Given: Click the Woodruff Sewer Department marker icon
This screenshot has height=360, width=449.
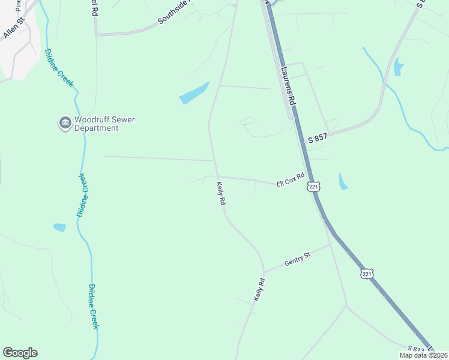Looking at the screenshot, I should coord(65,124).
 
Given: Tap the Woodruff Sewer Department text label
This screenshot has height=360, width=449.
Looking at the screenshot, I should coord(104,124).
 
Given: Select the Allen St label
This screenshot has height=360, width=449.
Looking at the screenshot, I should coord(13,28).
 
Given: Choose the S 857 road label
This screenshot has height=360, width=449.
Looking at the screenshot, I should coord(318,139).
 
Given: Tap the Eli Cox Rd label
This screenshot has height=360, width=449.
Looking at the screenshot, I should coord(291,180).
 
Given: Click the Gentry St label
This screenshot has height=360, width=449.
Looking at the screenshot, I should coord(298,260).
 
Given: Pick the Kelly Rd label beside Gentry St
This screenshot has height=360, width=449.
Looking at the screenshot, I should coord(259,289).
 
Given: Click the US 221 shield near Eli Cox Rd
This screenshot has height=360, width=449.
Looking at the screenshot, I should coord(313,187).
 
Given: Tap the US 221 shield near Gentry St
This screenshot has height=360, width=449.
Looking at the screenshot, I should coord(367,274).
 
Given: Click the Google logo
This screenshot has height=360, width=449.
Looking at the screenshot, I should coord(20,353).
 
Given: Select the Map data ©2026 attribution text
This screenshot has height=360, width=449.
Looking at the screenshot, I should coord(423,355).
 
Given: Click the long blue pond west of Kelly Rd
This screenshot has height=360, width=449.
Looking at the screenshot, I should coord(194,93).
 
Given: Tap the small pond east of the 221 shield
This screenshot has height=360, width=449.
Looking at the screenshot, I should coord(343,181).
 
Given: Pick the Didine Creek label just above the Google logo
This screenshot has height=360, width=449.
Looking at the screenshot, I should coord(94,306).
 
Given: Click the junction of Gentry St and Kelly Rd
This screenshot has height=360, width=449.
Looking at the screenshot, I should coord(264,271).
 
